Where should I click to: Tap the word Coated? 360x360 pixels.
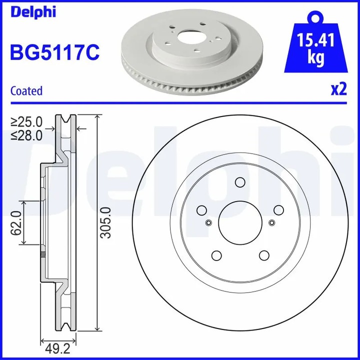click(26, 91)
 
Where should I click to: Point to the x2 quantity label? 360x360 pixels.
click(338, 89)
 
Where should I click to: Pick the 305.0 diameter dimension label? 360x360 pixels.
click(105, 223)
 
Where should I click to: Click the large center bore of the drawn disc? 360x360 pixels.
click(239, 222)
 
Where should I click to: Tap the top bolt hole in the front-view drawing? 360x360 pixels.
click(239, 182)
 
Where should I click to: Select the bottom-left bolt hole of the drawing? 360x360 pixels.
click(216, 256)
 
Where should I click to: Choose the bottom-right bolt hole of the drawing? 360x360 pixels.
click(263, 256)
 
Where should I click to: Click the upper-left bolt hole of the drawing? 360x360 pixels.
click(201, 210)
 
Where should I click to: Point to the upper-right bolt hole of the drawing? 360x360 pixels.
click(278, 210)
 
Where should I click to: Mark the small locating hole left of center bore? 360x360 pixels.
click(208, 223)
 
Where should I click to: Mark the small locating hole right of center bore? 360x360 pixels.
click(271, 223)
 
